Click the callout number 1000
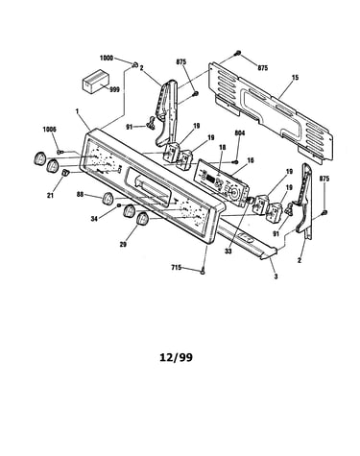(107, 59)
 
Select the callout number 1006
(49, 130)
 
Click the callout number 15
(295, 78)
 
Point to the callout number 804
(240, 132)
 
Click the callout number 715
(177, 267)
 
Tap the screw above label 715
(203, 272)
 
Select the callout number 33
(228, 252)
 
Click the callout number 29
(123, 245)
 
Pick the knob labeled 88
(108, 198)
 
